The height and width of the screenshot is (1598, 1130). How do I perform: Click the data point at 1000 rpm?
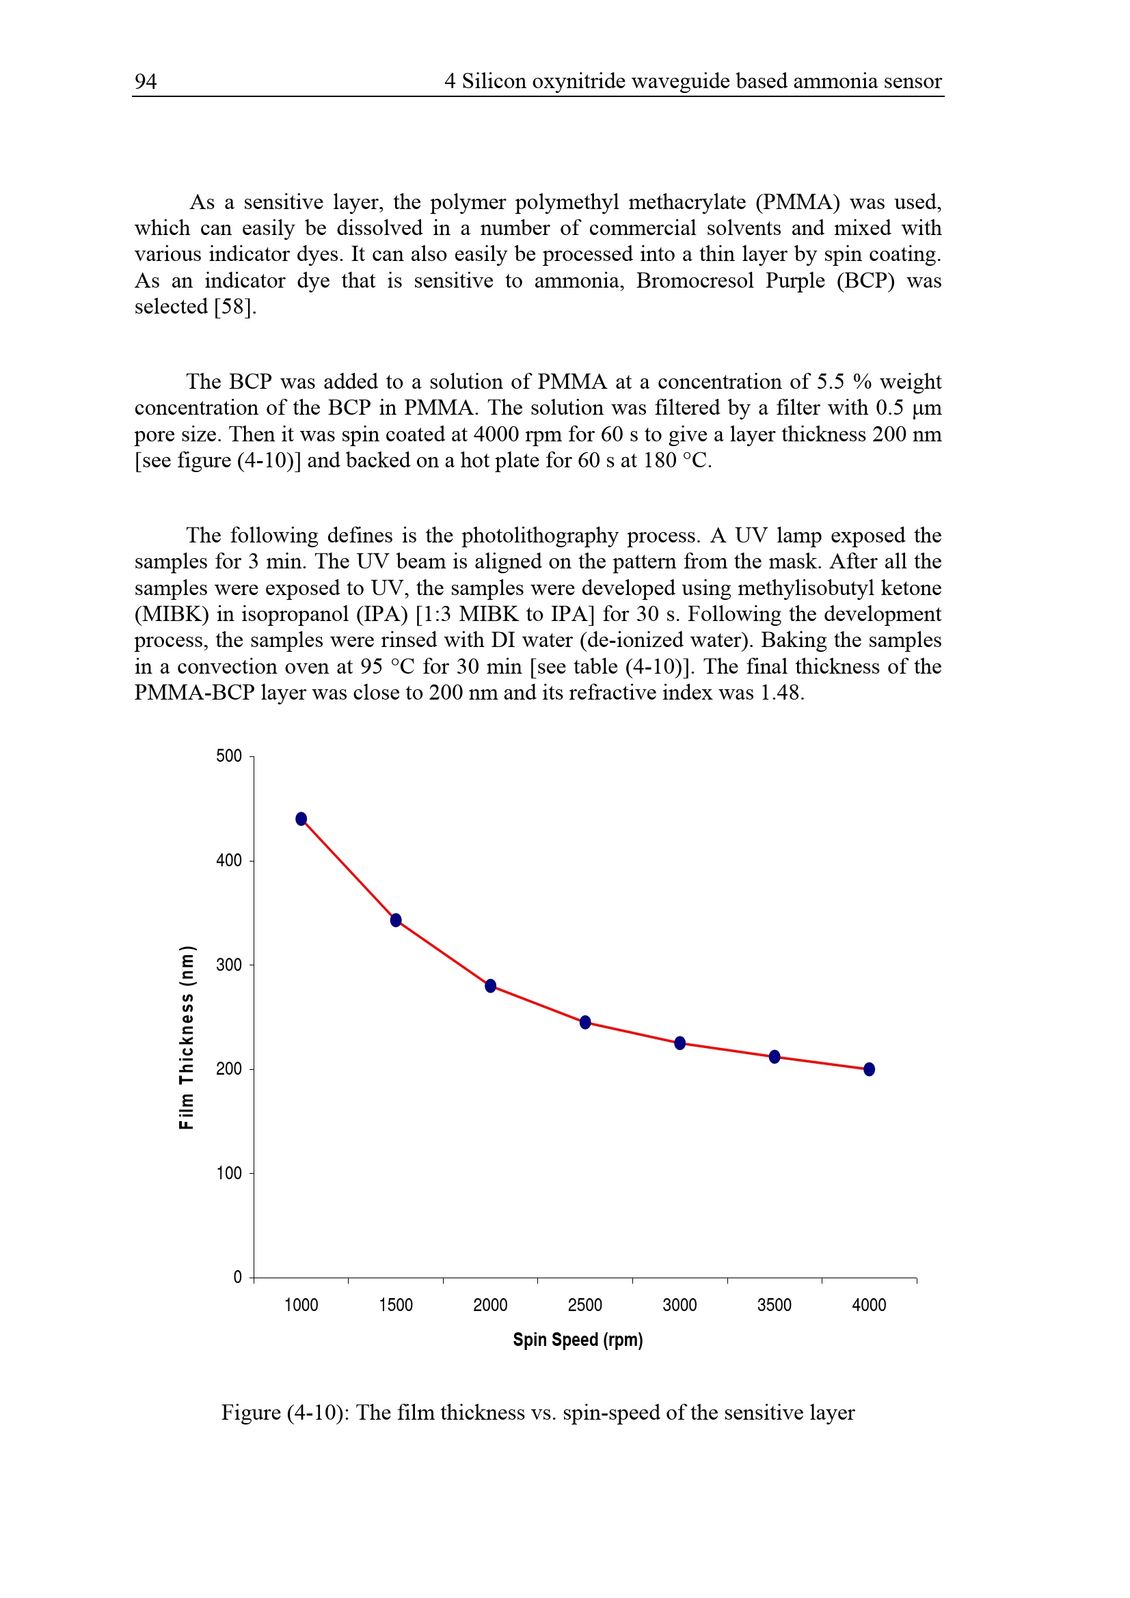(x=301, y=819)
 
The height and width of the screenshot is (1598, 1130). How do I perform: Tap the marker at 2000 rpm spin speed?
(x=491, y=986)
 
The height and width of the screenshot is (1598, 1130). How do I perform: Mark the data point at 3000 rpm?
(x=680, y=1043)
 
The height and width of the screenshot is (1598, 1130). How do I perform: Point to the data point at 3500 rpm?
(x=775, y=1056)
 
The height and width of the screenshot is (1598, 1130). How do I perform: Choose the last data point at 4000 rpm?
(x=870, y=1069)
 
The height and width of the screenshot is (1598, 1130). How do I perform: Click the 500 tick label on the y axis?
(x=229, y=756)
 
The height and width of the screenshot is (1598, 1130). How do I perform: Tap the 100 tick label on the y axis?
(x=229, y=1174)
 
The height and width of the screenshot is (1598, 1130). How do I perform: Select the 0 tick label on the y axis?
(x=237, y=1277)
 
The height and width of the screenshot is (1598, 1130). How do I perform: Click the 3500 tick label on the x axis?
(x=775, y=1305)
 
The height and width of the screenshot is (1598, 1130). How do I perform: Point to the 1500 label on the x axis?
(x=395, y=1305)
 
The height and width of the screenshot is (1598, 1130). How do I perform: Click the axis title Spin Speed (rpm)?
(x=578, y=1340)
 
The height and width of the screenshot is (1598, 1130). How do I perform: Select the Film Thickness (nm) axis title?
(x=186, y=1037)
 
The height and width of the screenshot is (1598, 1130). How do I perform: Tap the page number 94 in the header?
(x=146, y=82)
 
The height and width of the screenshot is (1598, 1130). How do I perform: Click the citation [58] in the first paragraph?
(x=235, y=307)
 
